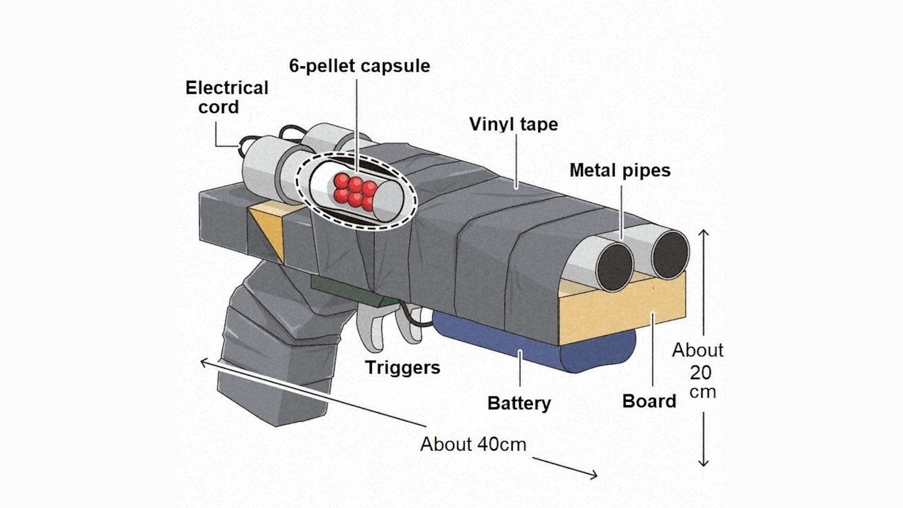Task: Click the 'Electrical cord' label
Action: pos(227,97)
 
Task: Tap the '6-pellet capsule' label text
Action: pos(359,66)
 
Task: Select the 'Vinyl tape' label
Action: pos(514,124)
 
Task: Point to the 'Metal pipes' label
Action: pos(620,170)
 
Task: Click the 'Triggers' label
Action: pos(403,367)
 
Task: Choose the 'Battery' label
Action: pos(519,403)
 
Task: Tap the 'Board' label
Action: pos(649,401)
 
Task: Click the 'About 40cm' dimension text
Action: pos(473,444)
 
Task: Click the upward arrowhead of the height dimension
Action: pos(703,232)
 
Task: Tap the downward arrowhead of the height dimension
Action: pos(703,463)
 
